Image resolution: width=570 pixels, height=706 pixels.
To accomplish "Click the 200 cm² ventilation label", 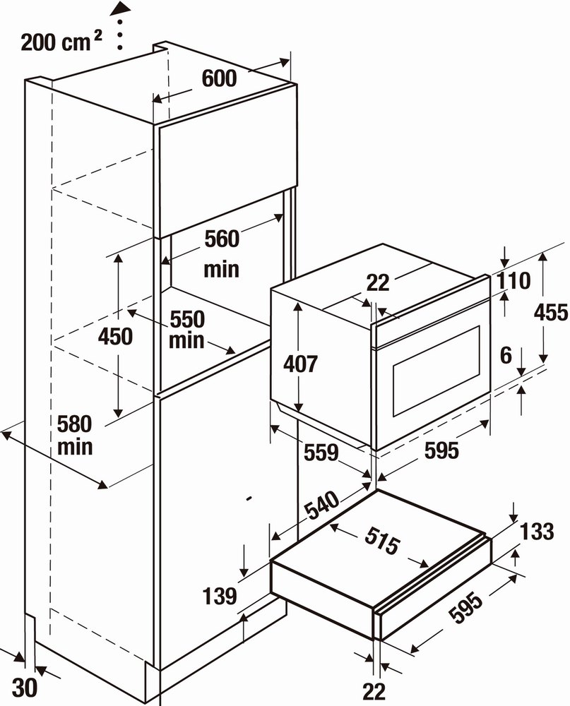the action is tap(61, 42).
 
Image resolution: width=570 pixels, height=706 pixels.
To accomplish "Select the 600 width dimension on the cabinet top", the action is tap(219, 78).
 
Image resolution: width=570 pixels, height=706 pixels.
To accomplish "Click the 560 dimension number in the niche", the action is tap(222, 239).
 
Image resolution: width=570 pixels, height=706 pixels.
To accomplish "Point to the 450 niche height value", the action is tap(116, 336).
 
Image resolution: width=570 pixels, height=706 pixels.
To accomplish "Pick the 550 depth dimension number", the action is tap(187, 320).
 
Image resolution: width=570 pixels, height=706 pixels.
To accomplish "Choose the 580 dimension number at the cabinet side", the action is tap(75, 424).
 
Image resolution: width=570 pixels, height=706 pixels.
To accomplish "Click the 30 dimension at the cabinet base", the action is tap(24, 688).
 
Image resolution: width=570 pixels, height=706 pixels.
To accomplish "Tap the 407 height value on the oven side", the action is tap(301, 364).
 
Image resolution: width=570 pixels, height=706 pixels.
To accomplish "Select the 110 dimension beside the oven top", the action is tap(513, 281).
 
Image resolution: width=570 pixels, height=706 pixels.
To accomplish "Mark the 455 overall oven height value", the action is tap(551, 312).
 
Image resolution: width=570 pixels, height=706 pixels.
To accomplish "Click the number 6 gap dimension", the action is tap(506, 355).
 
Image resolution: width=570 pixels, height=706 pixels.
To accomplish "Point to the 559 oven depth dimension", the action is tap(321, 453).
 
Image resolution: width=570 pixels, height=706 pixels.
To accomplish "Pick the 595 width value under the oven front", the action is tap(441, 450).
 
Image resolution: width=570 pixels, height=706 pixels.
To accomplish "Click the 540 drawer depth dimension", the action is tap(321, 505).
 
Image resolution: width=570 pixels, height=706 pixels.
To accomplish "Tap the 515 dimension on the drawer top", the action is tap(382, 540).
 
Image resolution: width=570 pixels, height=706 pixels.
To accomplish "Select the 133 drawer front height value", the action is tap(537, 532).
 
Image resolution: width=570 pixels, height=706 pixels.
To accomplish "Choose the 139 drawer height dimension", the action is tap(220, 596).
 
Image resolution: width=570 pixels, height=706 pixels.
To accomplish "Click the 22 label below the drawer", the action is tap(374, 692).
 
